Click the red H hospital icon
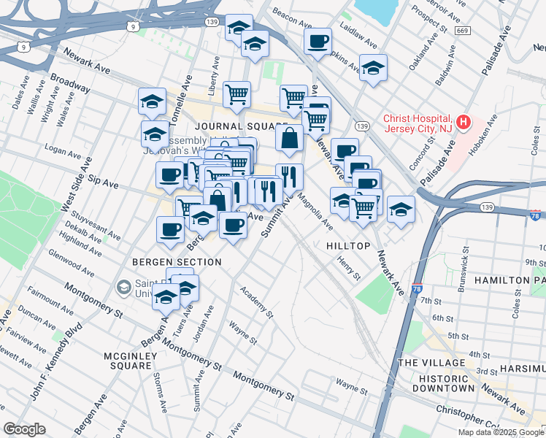[x=464, y=122]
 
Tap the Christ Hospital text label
[x=418, y=122]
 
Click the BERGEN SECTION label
[x=177, y=261]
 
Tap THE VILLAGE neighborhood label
[x=431, y=363]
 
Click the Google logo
[x=25, y=429]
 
